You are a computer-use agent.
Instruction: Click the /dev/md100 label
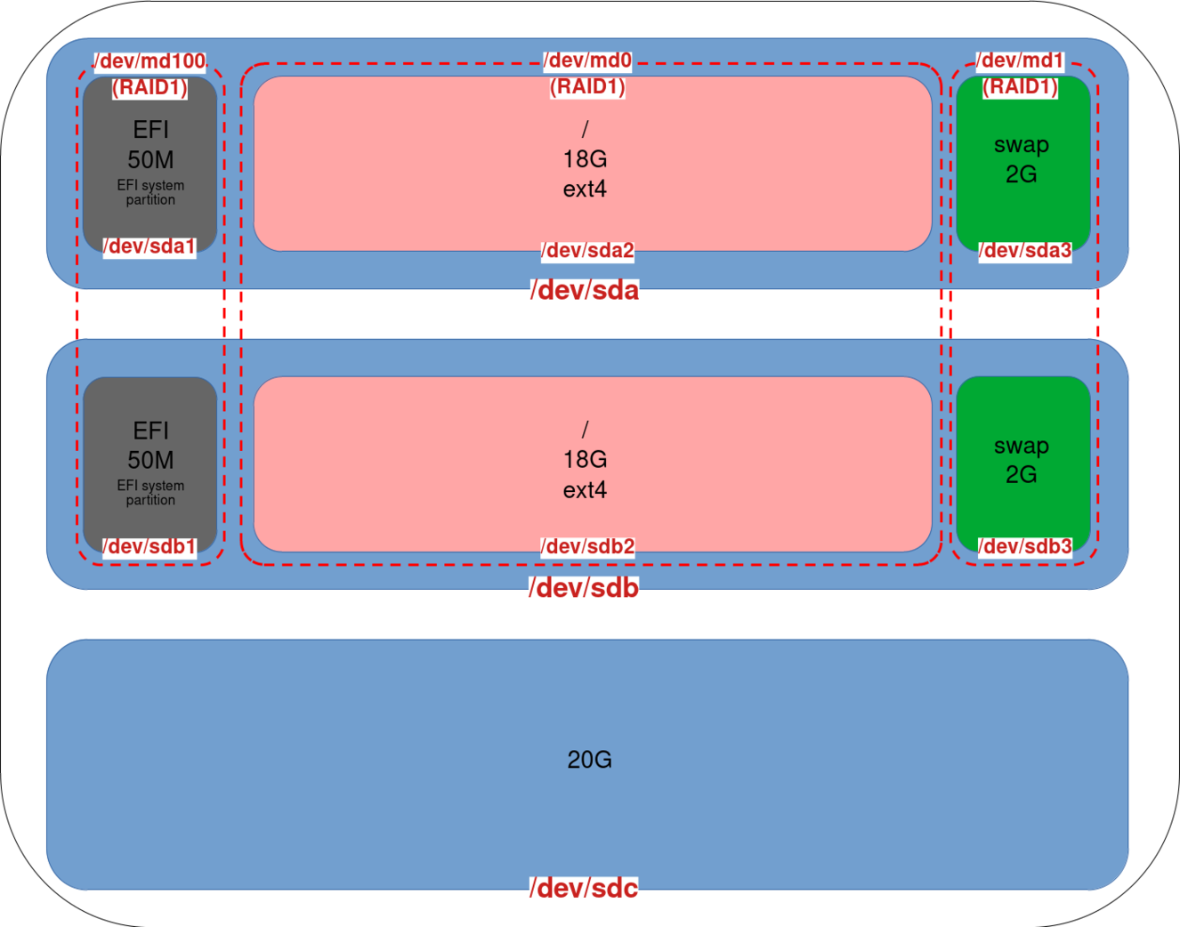pos(150,61)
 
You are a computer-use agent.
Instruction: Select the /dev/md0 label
pos(587,60)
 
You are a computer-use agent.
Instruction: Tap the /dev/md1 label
pos(1020,60)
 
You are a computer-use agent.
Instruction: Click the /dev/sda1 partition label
pos(150,246)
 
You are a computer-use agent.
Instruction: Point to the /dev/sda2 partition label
pos(587,251)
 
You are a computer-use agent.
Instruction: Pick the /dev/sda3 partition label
pos(1025,251)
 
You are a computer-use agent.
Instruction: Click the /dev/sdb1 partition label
pos(150,546)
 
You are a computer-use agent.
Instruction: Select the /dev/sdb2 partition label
pos(587,546)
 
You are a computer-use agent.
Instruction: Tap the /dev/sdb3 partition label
pos(1025,546)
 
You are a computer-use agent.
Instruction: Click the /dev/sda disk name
pos(585,291)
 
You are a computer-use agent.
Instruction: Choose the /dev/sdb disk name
pos(584,588)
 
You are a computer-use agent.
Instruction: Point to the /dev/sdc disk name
pos(584,888)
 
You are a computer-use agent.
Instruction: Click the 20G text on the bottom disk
pos(589,760)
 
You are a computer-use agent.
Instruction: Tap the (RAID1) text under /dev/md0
pos(587,87)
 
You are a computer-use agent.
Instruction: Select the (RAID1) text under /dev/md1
pos(1020,87)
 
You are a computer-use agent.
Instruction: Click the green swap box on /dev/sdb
pos(1022,498)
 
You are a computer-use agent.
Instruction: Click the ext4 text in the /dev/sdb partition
pos(585,490)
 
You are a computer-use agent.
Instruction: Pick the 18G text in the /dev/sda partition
pos(585,159)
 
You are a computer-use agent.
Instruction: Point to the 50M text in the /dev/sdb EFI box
pos(150,460)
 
